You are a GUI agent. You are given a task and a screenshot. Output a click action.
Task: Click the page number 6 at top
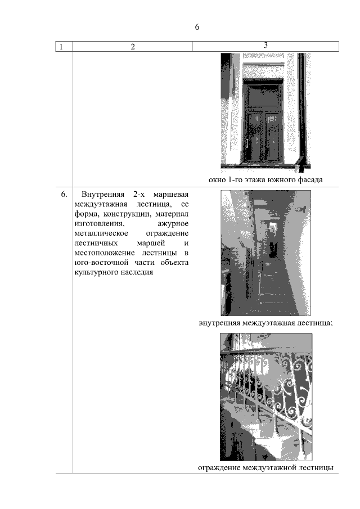(197, 27)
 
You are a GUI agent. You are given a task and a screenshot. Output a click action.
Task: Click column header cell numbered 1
(61, 47)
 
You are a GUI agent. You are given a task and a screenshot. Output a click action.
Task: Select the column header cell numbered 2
(133, 47)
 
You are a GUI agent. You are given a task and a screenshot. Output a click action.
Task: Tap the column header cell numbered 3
(265, 46)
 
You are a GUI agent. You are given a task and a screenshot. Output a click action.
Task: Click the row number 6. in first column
(64, 195)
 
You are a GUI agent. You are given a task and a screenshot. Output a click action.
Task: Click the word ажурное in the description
(173, 224)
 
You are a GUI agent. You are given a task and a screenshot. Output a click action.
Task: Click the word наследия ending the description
(138, 272)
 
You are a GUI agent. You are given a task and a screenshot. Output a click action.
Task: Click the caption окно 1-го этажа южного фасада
(265, 180)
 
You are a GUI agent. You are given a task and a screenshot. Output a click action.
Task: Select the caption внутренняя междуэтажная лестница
(265, 323)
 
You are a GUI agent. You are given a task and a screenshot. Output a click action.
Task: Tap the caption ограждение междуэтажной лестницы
(265, 468)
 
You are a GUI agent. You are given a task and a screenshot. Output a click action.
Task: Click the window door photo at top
(265, 112)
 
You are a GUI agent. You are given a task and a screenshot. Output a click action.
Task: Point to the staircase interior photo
(265, 253)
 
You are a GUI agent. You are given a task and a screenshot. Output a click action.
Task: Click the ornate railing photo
(265, 397)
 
